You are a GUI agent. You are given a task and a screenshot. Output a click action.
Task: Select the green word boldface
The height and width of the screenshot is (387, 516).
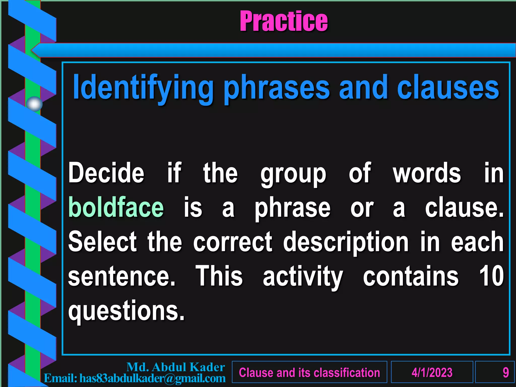tap(116, 207)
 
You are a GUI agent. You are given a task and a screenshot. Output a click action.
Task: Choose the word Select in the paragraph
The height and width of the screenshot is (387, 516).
tap(103, 242)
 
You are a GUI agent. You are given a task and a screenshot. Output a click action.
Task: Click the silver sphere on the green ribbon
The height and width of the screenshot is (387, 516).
tap(34, 104)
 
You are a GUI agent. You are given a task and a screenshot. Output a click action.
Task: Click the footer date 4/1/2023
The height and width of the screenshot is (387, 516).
tap(432, 372)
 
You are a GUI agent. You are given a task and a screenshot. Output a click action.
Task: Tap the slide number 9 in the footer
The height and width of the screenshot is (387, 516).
tap(505, 372)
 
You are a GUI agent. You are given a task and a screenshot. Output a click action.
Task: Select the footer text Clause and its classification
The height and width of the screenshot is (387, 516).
tap(309, 372)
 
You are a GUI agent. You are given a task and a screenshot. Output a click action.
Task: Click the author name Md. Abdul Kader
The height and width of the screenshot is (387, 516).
tap(176, 367)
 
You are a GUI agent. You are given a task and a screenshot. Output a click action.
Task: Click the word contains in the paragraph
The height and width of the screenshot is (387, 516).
tap(411, 276)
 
